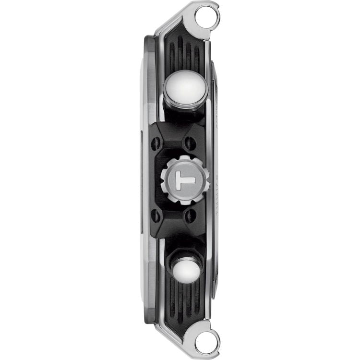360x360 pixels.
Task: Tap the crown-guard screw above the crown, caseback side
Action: tap(191, 143)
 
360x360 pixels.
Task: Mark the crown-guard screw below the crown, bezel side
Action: tap(156, 215)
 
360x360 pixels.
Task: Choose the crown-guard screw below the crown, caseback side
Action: tap(191, 215)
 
